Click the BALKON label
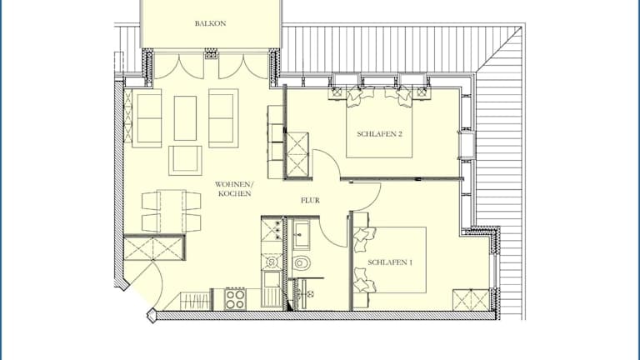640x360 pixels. point(210,23)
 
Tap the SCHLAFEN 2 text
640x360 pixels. point(380,134)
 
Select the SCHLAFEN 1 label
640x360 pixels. point(390,262)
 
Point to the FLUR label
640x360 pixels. point(310,200)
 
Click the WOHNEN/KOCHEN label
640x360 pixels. point(234,189)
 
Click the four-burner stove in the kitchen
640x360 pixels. point(236,299)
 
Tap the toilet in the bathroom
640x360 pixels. point(302,262)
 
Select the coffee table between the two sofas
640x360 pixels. point(185,118)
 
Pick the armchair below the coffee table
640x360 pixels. point(185,160)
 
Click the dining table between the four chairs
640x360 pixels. point(172,211)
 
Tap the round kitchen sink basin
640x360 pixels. point(272,261)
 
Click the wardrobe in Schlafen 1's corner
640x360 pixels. point(471,300)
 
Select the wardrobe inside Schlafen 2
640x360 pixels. point(297,154)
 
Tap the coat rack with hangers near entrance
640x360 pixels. point(195,301)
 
